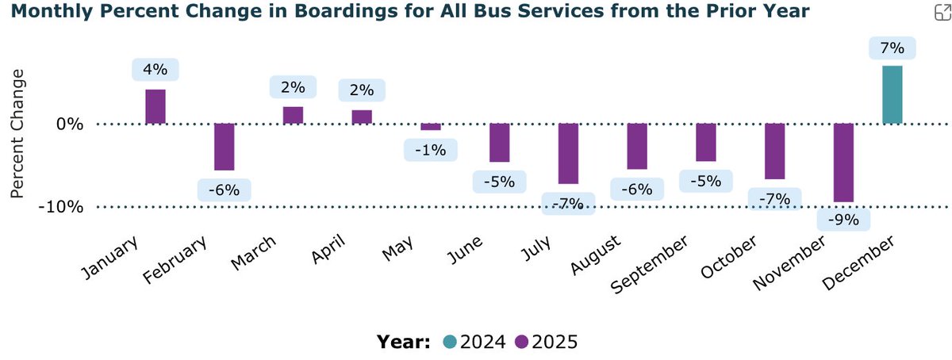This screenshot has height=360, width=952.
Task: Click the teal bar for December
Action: click(892, 94)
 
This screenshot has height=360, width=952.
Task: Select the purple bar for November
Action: click(843, 163)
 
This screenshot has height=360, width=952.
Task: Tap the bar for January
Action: click(155, 106)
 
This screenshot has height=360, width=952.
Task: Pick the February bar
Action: click(225, 147)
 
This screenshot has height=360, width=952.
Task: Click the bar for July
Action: click(568, 153)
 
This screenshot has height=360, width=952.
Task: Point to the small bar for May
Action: click(431, 127)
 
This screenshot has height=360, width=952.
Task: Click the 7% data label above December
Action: click(892, 48)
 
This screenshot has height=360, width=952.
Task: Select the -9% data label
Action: click(843, 220)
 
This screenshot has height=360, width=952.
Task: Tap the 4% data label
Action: click(155, 70)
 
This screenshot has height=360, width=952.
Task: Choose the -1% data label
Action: click(431, 149)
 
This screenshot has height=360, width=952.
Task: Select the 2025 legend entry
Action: click(547, 342)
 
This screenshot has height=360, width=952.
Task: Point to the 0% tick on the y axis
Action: click(71, 124)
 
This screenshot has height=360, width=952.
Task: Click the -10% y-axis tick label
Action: click(62, 207)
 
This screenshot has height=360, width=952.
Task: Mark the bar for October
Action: click(774, 151)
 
